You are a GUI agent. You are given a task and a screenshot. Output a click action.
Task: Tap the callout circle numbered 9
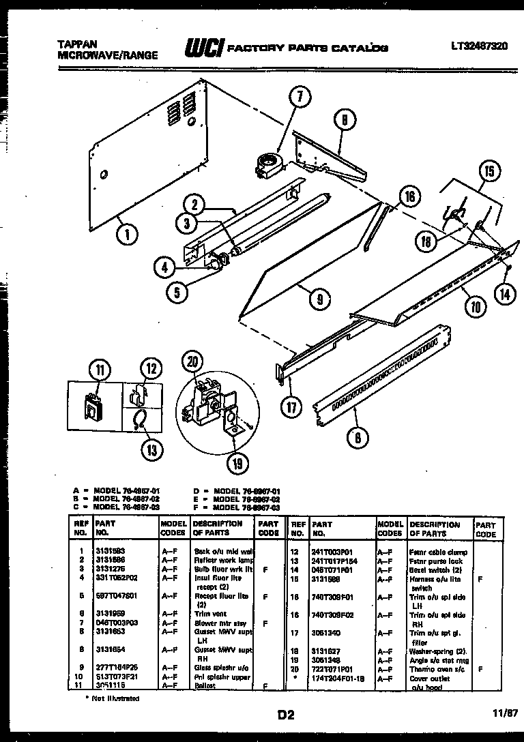pyautogui.click(x=319, y=297)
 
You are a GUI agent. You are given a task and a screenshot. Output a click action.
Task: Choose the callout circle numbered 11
pyautogui.click(x=100, y=370)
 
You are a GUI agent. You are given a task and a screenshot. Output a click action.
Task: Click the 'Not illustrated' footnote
pyautogui.click(x=113, y=698)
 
